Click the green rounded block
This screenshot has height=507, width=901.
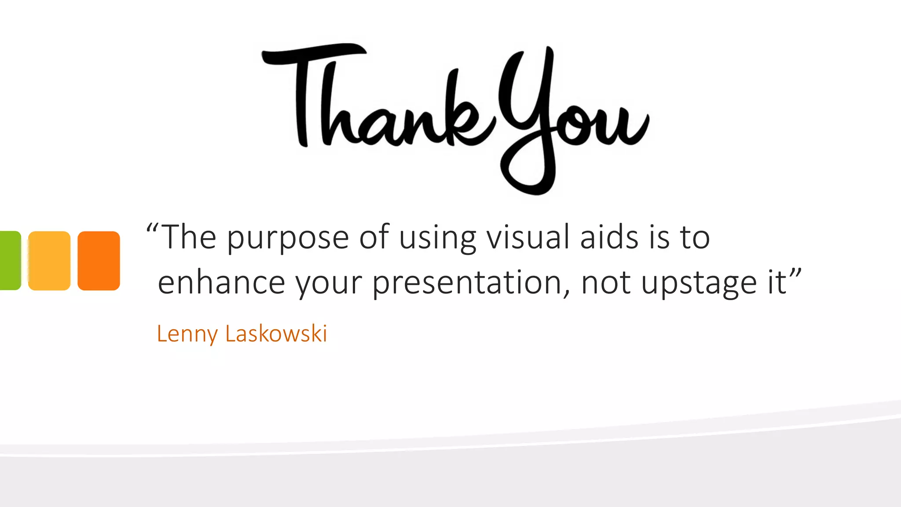(x=10, y=260)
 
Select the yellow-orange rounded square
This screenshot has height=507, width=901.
(x=49, y=261)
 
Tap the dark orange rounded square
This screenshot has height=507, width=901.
(x=99, y=261)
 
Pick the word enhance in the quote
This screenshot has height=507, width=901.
(x=221, y=283)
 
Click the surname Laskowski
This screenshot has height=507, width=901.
(x=276, y=333)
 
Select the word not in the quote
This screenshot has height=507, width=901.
(x=606, y=283)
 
